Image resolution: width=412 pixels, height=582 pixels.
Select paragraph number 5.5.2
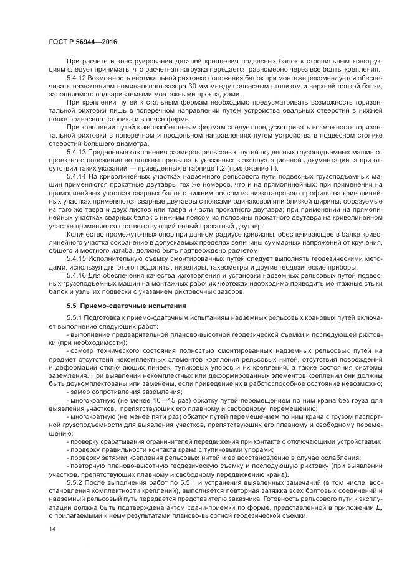[75, 482]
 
